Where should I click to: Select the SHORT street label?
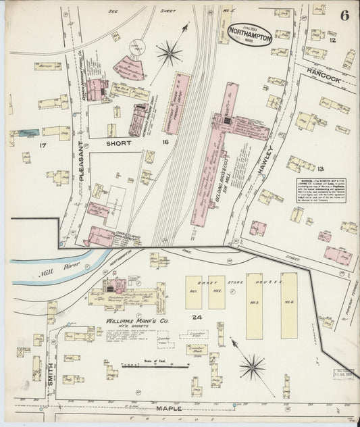pos(121,143)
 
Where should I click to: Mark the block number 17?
pos(43,145)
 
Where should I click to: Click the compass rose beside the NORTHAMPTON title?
pos(169,53)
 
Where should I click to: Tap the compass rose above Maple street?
pos(251,366)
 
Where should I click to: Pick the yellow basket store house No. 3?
pos(255,306)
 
